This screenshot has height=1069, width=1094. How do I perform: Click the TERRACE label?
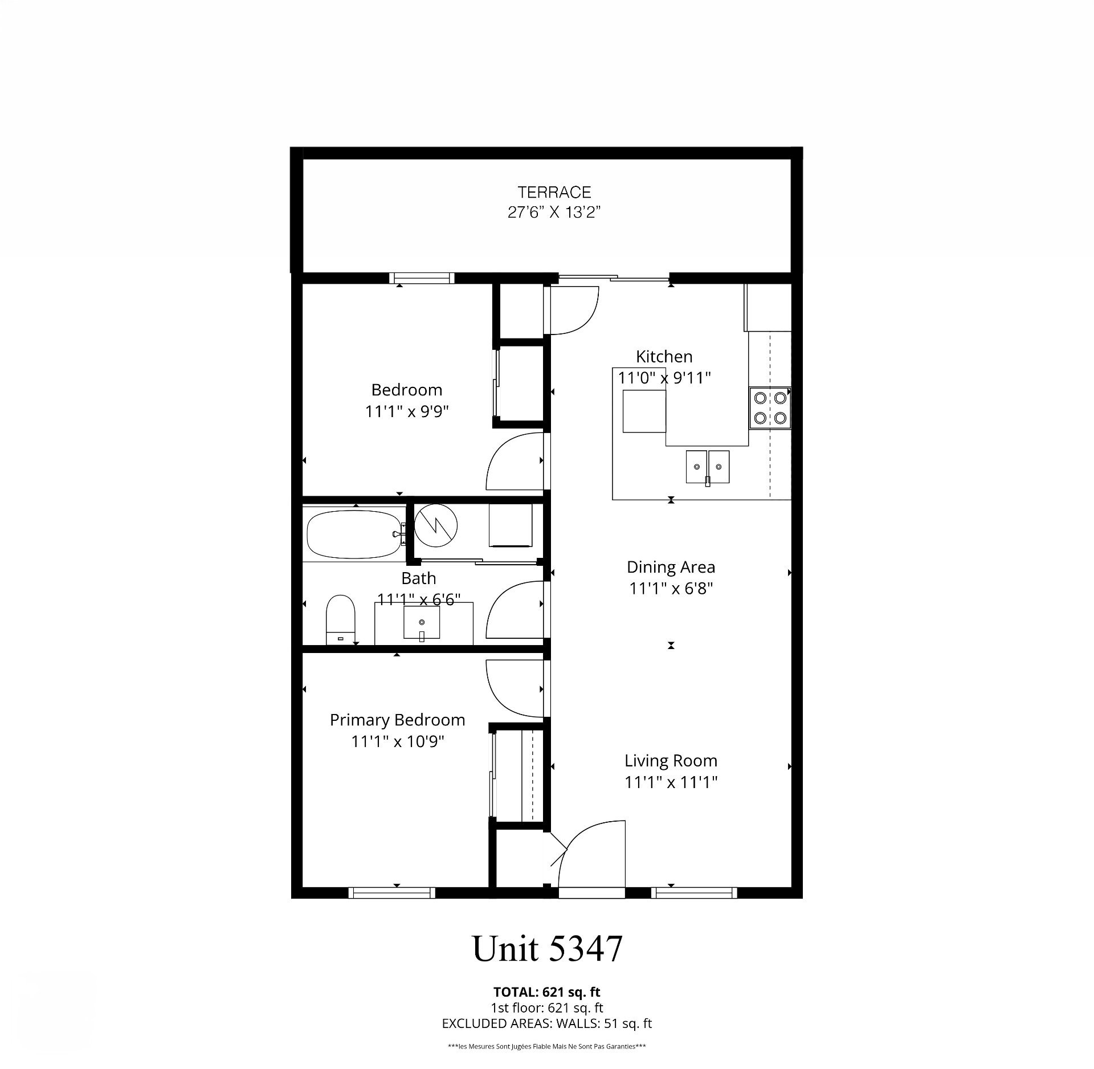554,192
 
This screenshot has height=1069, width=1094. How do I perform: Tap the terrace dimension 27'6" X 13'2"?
554,213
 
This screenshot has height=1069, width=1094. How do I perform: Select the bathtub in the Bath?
354,534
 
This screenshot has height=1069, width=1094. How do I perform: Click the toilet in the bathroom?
340,619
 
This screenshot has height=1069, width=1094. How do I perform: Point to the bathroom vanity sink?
422,623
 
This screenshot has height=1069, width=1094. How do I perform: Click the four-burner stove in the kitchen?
770,407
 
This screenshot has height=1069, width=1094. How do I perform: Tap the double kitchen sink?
708,467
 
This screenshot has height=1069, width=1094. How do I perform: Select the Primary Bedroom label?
397,720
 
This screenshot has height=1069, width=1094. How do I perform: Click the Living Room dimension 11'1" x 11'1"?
671,782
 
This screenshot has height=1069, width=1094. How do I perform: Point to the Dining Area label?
671,567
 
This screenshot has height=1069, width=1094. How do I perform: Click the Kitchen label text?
664,357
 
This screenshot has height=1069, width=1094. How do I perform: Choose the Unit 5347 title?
548,949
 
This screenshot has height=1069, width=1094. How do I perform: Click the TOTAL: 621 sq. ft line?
547,993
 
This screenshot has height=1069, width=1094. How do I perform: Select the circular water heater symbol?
436,524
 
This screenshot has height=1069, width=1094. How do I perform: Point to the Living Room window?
694,892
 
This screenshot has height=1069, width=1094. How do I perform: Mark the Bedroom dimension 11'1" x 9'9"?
407,411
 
